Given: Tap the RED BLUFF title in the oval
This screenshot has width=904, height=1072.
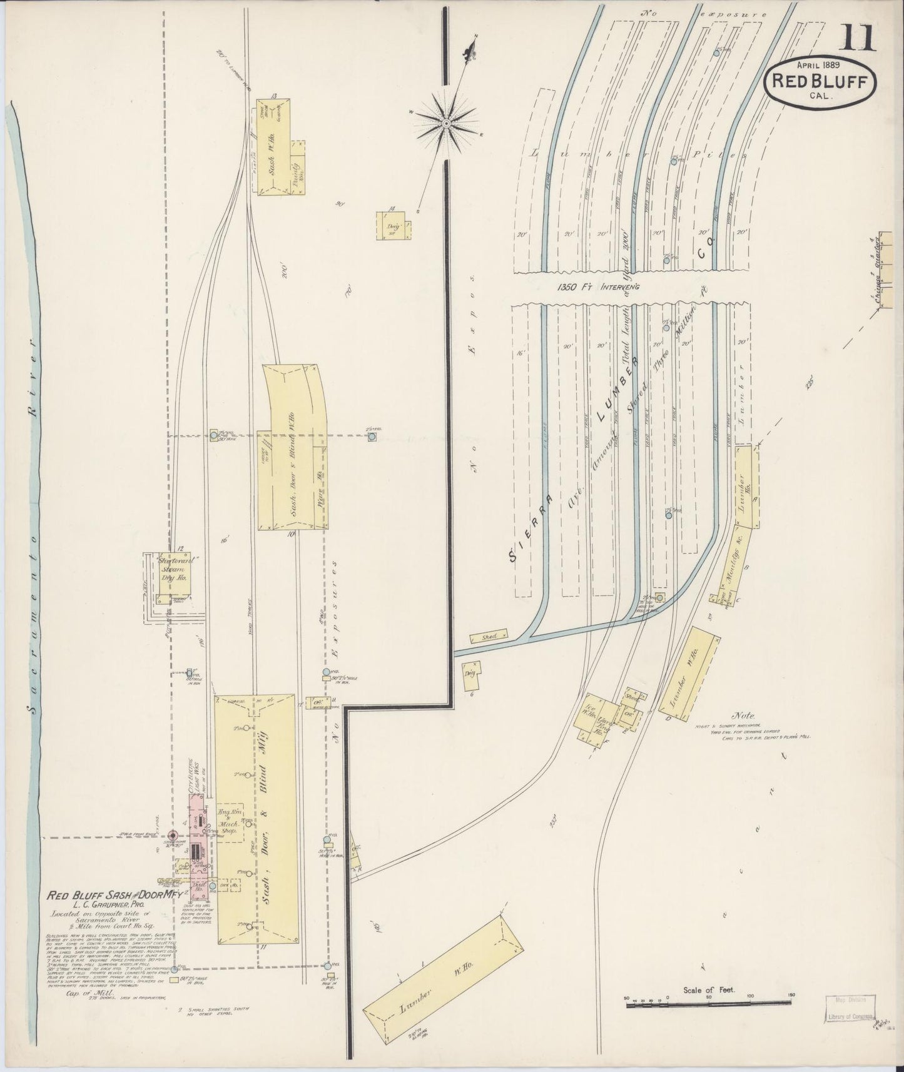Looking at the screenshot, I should click(x=823, y=81).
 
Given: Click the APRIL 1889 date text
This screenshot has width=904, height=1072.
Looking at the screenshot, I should click(x=818, y=64).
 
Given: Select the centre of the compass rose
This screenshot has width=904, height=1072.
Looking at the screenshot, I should click(x=446, y=124).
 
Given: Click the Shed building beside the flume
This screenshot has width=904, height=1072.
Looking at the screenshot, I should click(x=489, y=637).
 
